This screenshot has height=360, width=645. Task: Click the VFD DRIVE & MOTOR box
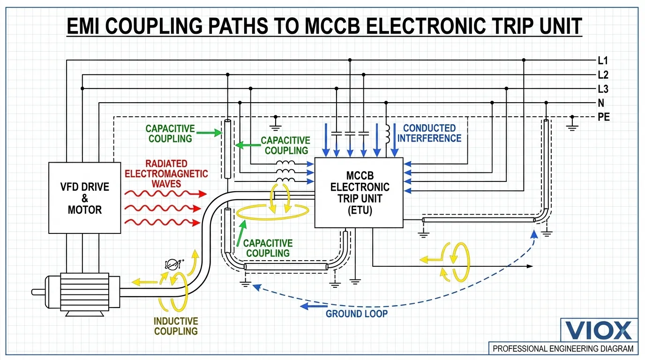click(85, 198)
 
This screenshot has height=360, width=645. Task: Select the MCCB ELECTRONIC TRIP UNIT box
click(359, 193)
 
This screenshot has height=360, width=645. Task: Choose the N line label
click(601, 103)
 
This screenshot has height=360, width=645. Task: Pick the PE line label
click(604, 117)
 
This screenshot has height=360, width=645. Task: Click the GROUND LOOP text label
click(357, 313)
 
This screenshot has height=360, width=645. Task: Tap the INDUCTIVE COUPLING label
click(176, 326)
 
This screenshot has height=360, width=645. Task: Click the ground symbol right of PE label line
click(571, 124)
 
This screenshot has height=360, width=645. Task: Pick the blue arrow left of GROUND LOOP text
click(311, 307)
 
